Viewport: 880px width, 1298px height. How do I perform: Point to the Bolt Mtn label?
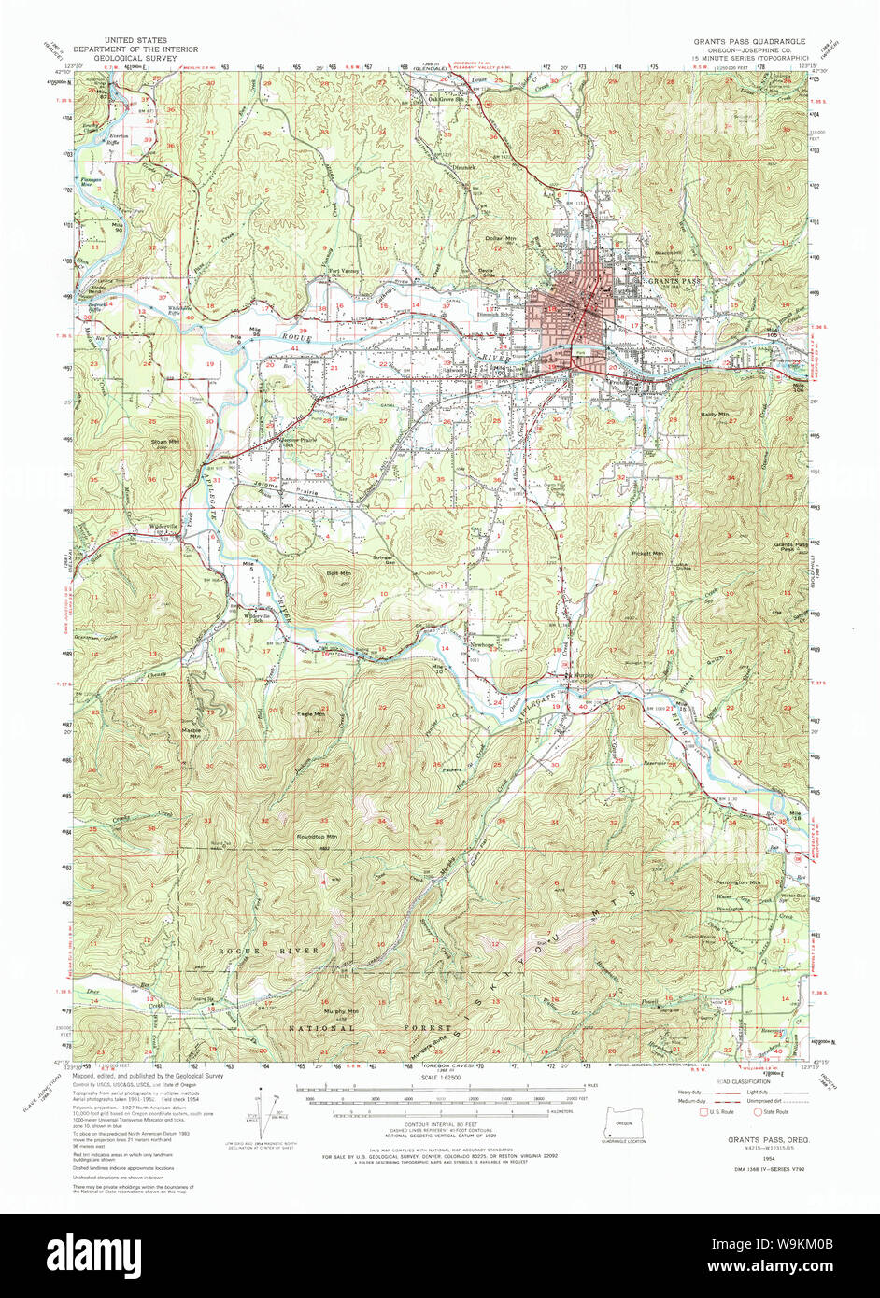point(337,573)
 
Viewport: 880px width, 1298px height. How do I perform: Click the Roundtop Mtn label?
point(317,837)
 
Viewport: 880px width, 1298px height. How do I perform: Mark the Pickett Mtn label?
point(646,554)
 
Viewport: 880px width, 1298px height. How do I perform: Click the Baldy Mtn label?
point(715,413)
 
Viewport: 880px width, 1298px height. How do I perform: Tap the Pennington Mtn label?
point(741,882)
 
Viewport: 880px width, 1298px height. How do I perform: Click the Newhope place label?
point(481,644)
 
